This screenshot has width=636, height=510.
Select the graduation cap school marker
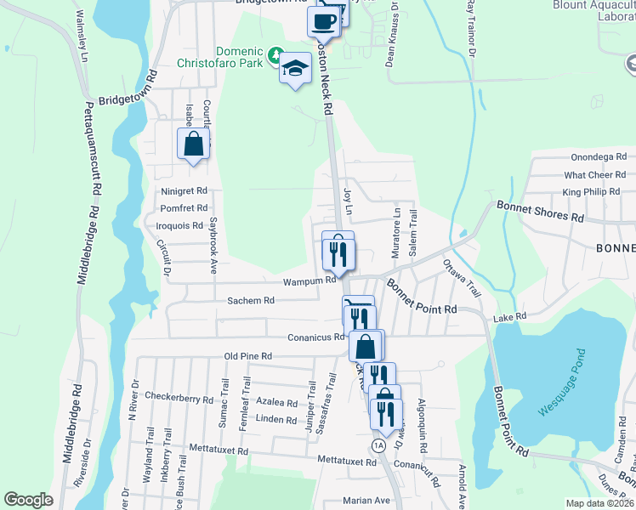tap(296, 68)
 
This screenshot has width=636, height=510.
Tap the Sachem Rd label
tap(250, 300)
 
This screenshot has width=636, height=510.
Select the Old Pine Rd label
tap(247, 356)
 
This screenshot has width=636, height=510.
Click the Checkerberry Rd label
tap(178, 396)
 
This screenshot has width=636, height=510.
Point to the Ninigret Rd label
tap(184, 191)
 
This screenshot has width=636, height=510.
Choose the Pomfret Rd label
tap(184, 208)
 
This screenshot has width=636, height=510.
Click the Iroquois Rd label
tap(180, 225)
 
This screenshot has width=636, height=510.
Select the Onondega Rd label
tap(599, 157)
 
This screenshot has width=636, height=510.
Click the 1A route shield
tap(378, 445)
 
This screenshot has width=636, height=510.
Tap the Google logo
tap(28, 500)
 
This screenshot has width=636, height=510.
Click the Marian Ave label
tap(366, 501)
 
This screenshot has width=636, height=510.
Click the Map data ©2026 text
tap(599, 503)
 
